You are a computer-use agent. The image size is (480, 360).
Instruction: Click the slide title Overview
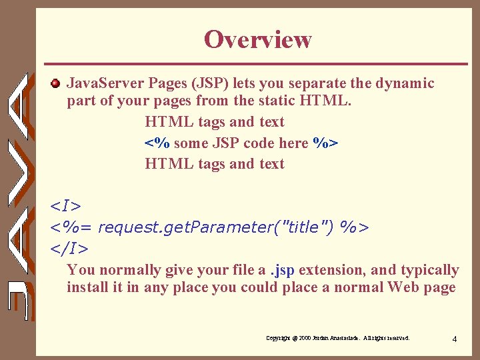click(257, 39)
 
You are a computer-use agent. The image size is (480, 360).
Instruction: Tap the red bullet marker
click(56, 83)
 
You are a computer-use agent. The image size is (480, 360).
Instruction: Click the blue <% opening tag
click(157, 143)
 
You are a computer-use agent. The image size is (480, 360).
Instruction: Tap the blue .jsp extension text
click(282, 270)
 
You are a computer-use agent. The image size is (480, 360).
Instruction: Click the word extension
click(331, 270)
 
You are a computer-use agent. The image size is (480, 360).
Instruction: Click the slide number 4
click(454, 339)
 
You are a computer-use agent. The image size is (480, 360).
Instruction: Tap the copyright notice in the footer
click(337, 339)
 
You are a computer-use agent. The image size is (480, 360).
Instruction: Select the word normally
click(129, 270)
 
